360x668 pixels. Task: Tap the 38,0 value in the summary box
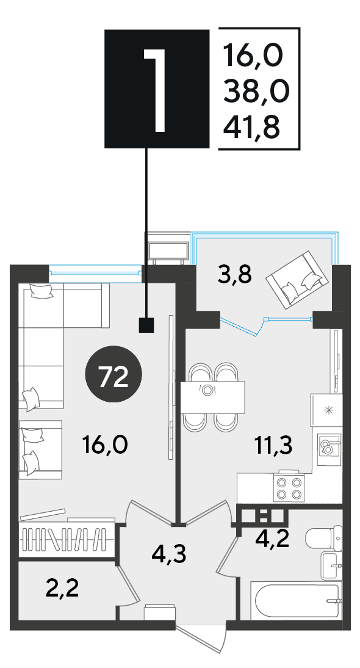257,92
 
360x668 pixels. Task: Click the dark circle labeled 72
113,376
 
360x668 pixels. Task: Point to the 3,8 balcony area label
234,275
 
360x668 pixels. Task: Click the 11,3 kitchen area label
273,446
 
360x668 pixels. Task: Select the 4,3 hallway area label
170,554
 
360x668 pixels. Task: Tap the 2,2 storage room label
62,589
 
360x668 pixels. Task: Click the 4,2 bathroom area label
272,539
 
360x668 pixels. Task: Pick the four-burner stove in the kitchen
289,488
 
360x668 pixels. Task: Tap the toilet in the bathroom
324,538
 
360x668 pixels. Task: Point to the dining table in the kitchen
212,397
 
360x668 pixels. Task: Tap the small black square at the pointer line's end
147,325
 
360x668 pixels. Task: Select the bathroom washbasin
332,565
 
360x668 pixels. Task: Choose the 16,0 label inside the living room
105,446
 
